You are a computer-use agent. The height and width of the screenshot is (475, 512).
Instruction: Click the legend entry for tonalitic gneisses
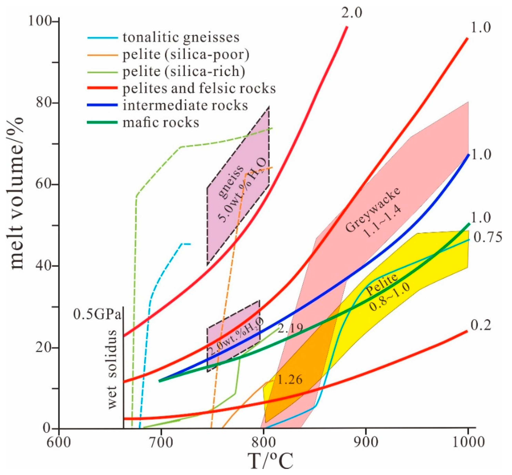tap(181, 37)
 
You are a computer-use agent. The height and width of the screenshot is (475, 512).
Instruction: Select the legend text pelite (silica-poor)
tap(186, 54)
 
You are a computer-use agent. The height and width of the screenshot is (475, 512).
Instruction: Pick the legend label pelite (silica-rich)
tap(184, 71)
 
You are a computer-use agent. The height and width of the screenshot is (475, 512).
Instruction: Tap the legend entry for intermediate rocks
tap(185, 105)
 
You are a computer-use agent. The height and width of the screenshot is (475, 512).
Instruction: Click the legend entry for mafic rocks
tap(161, 122)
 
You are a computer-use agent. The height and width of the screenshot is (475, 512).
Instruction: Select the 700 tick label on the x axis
tap(161, 442)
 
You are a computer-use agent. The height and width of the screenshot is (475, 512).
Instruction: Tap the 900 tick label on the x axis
tap(365, 442)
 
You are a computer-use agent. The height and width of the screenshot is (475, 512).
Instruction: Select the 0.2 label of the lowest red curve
tap(481, 325)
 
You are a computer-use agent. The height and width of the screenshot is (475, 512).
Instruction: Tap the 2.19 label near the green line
tap(290, 328)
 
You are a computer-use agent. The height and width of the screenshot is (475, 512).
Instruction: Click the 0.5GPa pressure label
tap(97, 314)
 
